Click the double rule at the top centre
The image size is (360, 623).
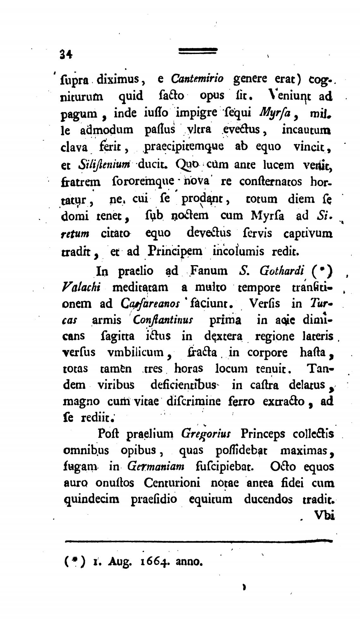198,51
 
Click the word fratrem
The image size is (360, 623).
81,182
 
